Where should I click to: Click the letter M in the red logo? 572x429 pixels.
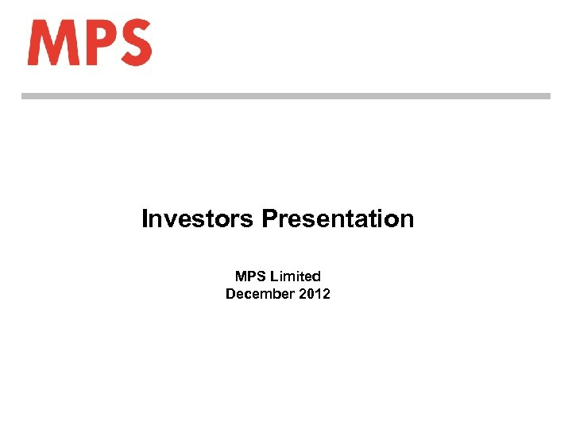(52, 43)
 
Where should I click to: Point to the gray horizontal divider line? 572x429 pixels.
(285, 96)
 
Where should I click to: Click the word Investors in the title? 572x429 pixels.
(198, 218)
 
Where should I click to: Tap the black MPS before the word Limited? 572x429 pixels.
(250, 276)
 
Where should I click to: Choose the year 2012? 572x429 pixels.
(315, 294)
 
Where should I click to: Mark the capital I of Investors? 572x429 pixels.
(145, 218)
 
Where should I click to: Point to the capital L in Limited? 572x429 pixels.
(274, 276)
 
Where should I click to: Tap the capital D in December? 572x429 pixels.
(230, 294)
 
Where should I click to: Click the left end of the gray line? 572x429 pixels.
(23, 96)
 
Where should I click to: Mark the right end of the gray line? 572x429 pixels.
(547, 96)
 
